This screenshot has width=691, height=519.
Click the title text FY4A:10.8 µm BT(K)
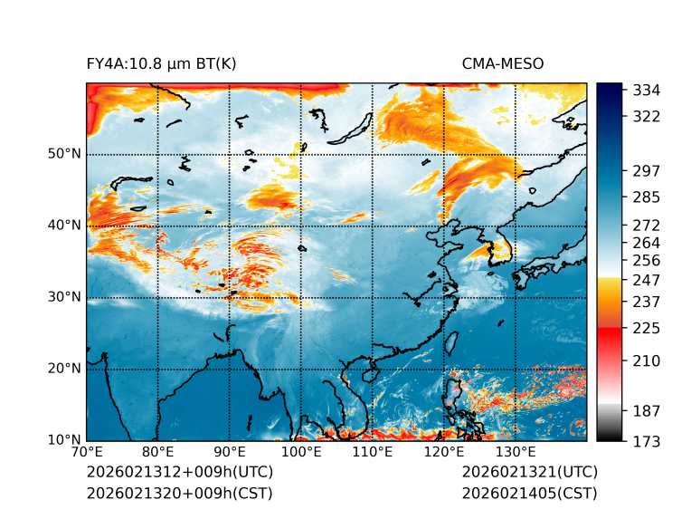(x=161, y=64)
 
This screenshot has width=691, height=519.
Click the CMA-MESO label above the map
(x=503, y=64)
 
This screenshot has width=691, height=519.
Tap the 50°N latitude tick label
(x=64, y=154)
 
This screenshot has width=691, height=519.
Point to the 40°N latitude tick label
(x=64, y=226)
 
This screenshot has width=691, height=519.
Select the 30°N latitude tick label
(x=64, y=297)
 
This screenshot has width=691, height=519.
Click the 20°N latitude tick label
(x=64, y=369)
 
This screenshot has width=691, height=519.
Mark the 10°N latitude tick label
(x=64, y=440)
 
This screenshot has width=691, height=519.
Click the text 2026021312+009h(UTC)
(x=179, y=473)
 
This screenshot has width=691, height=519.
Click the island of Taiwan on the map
(x=452, y=342)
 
